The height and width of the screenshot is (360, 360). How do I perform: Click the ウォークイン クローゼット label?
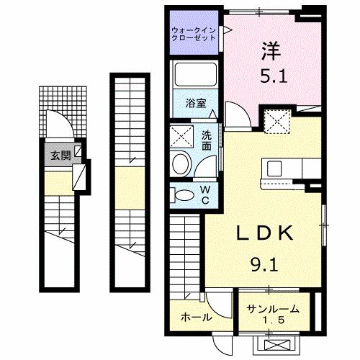(x=194, y=33)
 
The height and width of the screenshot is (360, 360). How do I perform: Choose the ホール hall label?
(x=195, y=317)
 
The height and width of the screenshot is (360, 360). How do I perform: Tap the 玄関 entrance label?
(x=60, y=155)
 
